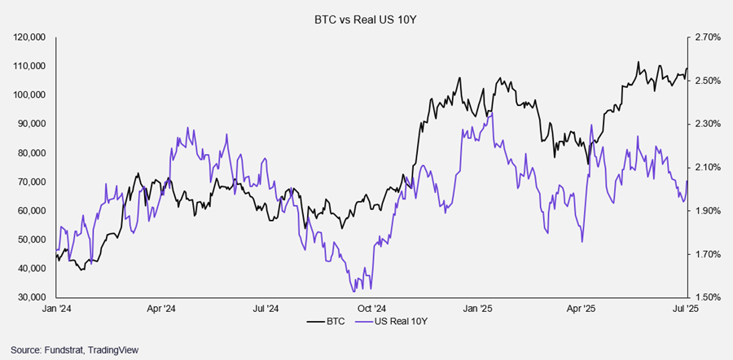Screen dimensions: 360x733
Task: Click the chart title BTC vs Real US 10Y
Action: tap(366, 17)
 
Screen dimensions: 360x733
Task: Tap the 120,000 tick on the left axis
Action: tap(31, 37)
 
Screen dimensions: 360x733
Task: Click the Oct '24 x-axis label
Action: tap(371, 310)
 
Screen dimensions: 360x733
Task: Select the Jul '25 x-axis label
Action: tap(687, 310)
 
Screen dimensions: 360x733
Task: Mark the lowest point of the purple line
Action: tap(353, 291)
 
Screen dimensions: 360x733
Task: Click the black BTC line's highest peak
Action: tap(639, 62)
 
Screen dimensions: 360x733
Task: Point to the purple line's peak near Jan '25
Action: tap(491, 112)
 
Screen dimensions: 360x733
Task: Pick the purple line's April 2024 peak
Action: tap(188, 128)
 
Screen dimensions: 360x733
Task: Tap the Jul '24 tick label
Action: tap(266, 310)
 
